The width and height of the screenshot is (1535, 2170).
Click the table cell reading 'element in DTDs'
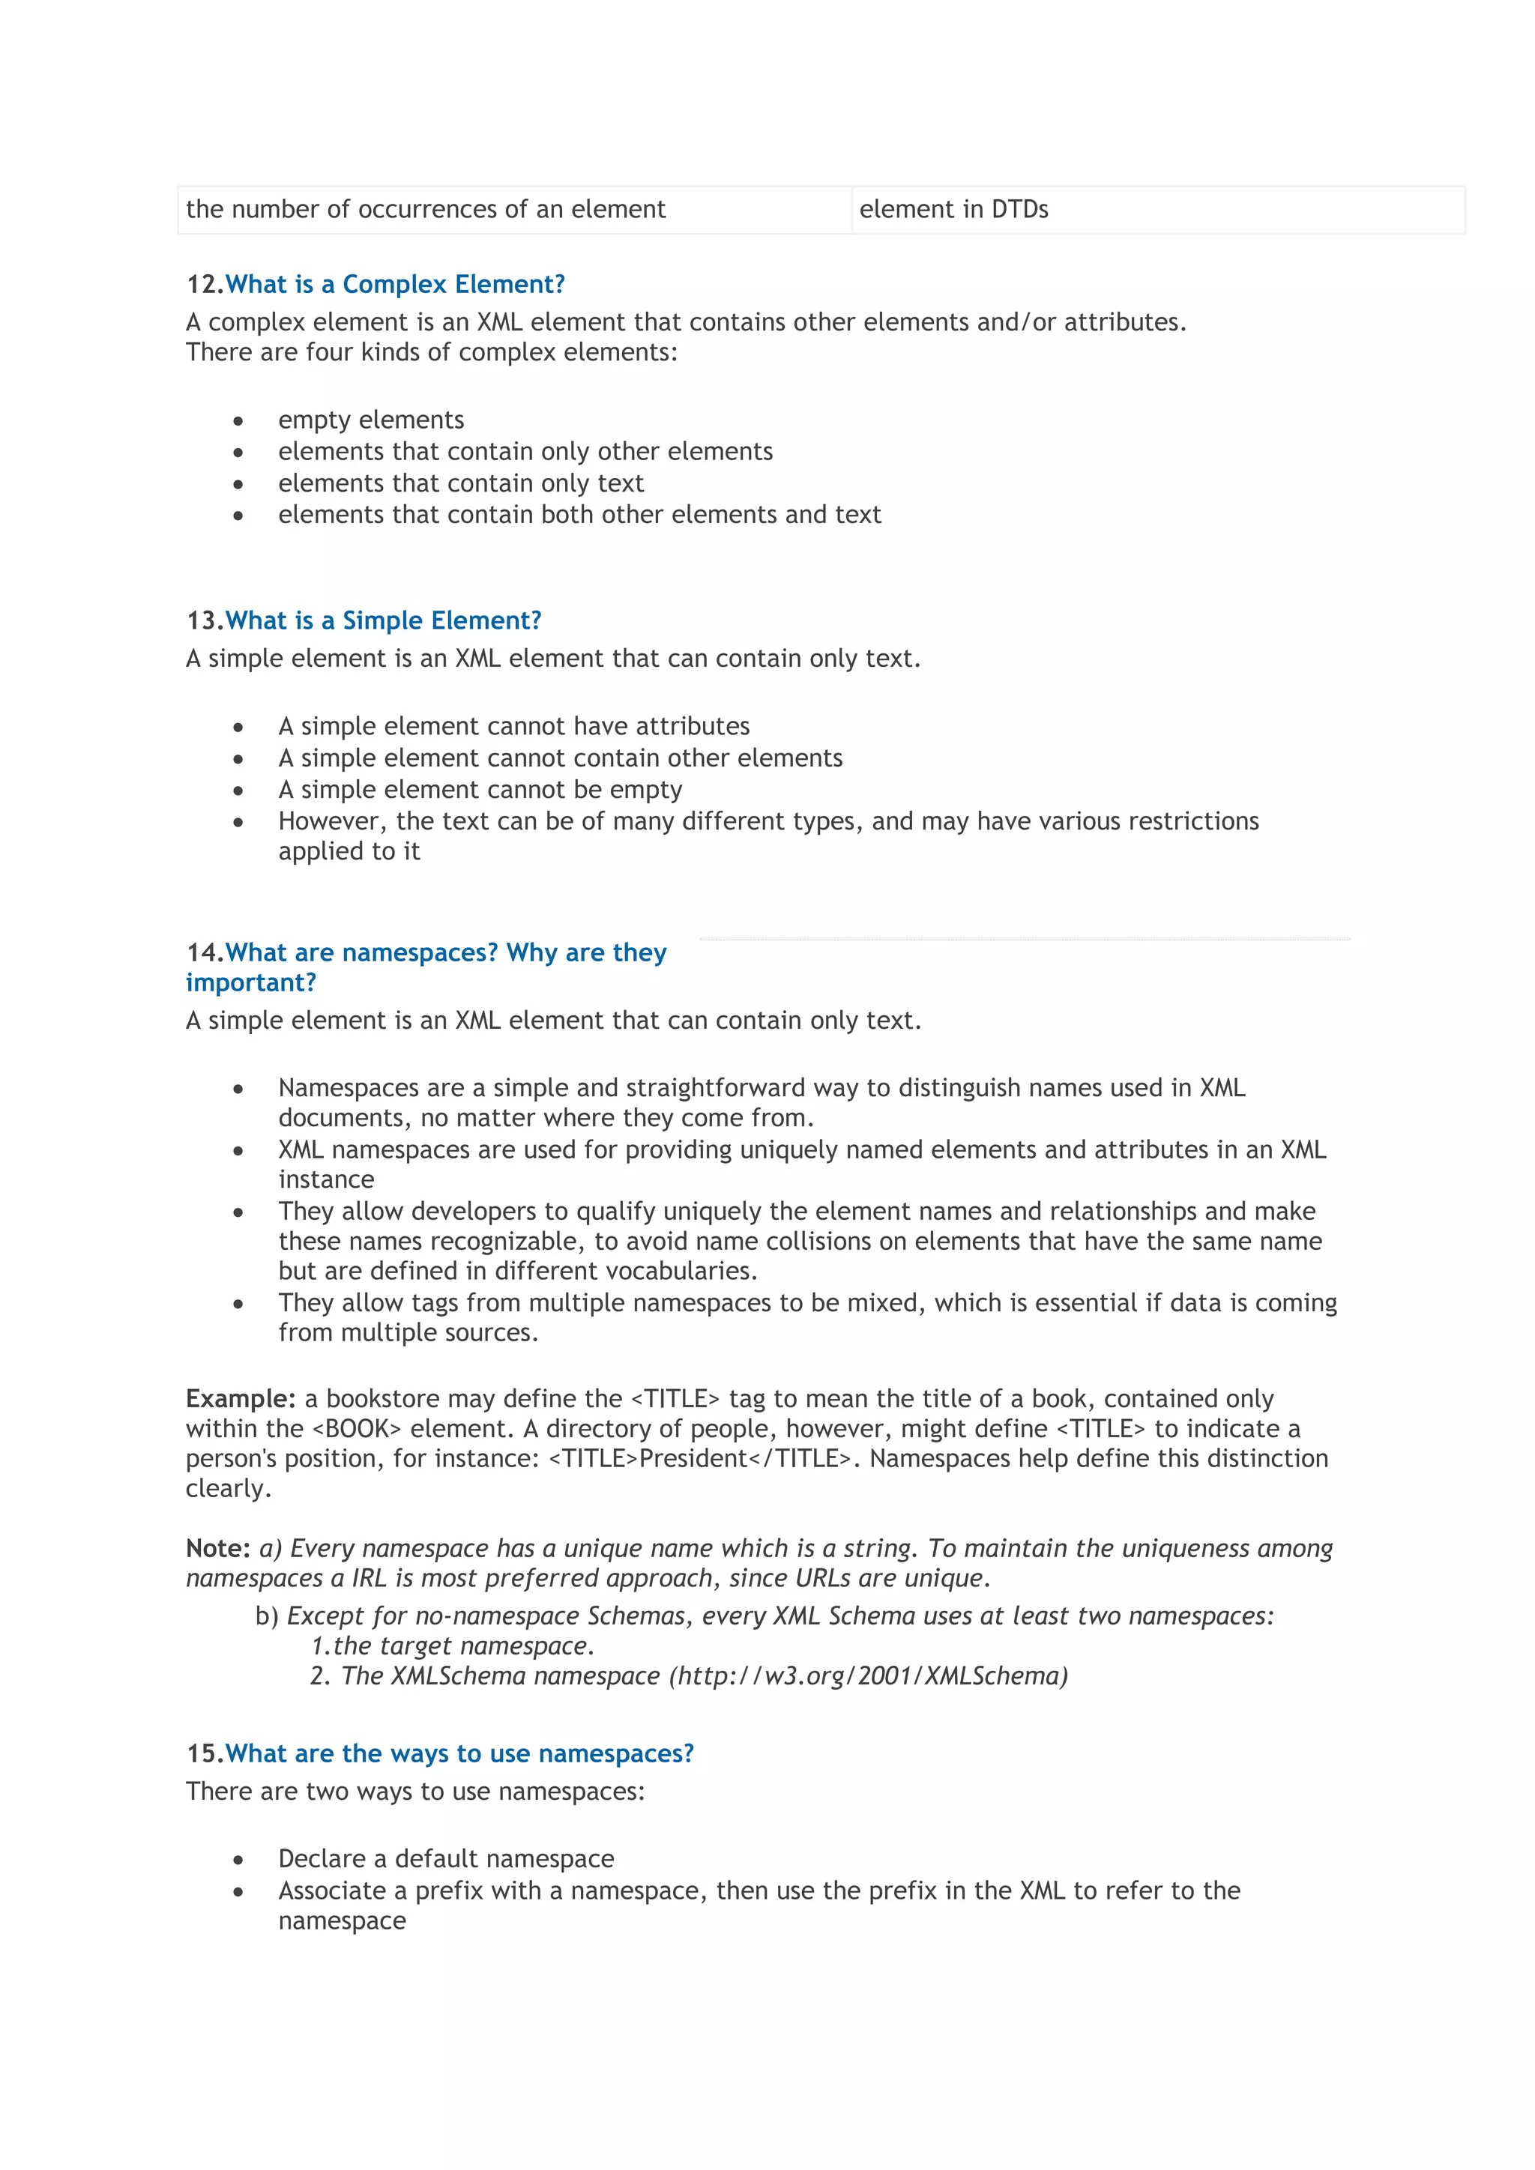pos(953,210)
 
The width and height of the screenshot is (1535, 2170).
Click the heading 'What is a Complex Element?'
pos(395,285)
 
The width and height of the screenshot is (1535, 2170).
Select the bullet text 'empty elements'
pos(370,420)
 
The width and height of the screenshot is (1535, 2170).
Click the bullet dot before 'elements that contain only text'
pos(238,484)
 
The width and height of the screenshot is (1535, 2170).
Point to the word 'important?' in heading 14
pos(250,983)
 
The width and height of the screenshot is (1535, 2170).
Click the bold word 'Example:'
pos(240,1399)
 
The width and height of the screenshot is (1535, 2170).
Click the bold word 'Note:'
pos(217,1548)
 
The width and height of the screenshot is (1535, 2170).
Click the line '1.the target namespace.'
pos(452,1645)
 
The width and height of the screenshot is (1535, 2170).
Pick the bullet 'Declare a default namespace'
pos(445,1858)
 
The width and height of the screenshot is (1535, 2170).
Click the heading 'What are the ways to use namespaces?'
pos(459,1753)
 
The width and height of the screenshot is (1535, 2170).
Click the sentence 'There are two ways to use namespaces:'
pos(415,1791)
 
